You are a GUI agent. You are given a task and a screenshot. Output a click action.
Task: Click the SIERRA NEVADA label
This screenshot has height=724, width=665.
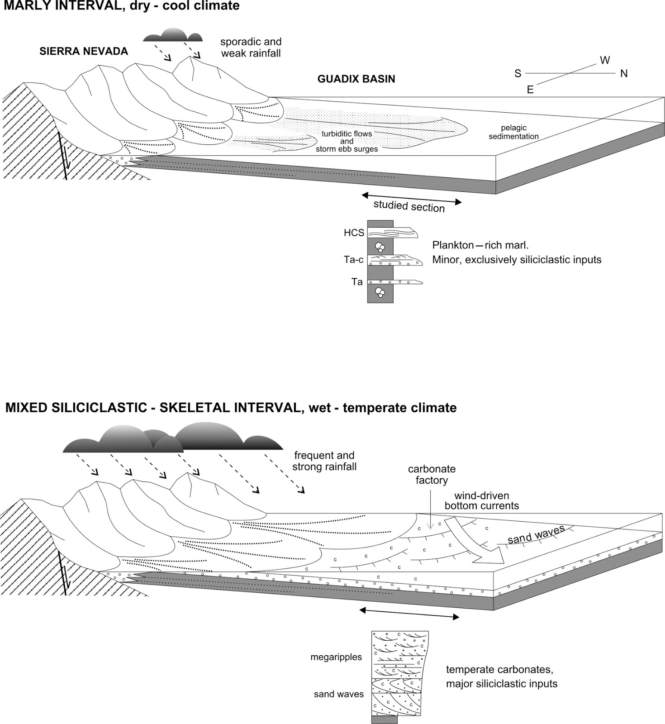(x=84, y=51)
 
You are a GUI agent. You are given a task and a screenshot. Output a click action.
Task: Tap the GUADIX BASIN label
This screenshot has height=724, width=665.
(x=356, y=79)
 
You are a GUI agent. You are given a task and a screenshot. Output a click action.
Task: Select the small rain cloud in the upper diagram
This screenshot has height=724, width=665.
(x=172, y=35)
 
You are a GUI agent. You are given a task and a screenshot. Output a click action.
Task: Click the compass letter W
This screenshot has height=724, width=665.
(x=604, y=60)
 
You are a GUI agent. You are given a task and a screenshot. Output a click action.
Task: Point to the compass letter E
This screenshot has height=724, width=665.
(x=530, y=90)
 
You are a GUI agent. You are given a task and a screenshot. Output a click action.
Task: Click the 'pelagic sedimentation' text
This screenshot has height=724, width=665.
(x=513, y=132)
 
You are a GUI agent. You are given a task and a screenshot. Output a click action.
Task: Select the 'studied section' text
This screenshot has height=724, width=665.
(x=409, y=206)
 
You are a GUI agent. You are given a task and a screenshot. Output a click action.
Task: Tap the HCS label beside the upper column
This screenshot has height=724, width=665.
(x=354, y=233)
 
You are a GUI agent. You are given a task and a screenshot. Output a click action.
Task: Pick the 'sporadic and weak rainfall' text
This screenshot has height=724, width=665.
(x=251, y=48)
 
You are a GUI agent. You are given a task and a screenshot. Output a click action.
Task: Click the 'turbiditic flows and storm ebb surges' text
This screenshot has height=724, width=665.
(x=347, y=141)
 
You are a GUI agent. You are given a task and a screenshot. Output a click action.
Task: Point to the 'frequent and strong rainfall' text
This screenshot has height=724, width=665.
(x=324, y=461)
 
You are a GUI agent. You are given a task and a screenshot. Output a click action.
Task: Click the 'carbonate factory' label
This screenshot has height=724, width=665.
(x=432, y=474)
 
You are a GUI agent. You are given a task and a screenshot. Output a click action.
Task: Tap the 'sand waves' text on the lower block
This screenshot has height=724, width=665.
(x=536, y=535)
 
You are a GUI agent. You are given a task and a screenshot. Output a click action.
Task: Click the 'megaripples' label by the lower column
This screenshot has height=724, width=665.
(x=336, y=657)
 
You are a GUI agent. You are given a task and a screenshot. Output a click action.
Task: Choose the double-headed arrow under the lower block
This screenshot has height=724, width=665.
(x=409, y=614)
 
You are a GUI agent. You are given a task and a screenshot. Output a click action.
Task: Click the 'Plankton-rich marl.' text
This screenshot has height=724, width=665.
(x=480, y=245)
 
